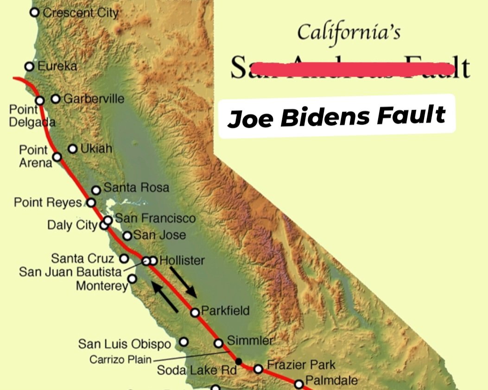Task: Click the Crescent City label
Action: (x=81, y=13)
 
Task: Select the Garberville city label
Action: (x=94, y=99)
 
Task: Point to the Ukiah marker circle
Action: (x=73, y=149)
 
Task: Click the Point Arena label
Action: (x=34, y=156)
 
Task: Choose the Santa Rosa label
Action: (x=136, y=188)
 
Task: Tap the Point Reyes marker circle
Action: (x=91, y=202)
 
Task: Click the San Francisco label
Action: (x=155, y=218)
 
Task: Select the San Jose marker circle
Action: (x=127, y=236)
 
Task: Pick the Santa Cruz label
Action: (x=82, y=258)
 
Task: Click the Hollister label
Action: (x=182, y=260)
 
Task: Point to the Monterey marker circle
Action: (x=133, y=278)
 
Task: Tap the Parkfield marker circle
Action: (x=195, y=313)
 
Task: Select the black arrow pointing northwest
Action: (x=165, y=296)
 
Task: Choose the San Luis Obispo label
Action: (x=124, y=344)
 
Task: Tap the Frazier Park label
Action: (x=301, y=365)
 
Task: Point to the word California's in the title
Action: (x=349, y=32)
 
